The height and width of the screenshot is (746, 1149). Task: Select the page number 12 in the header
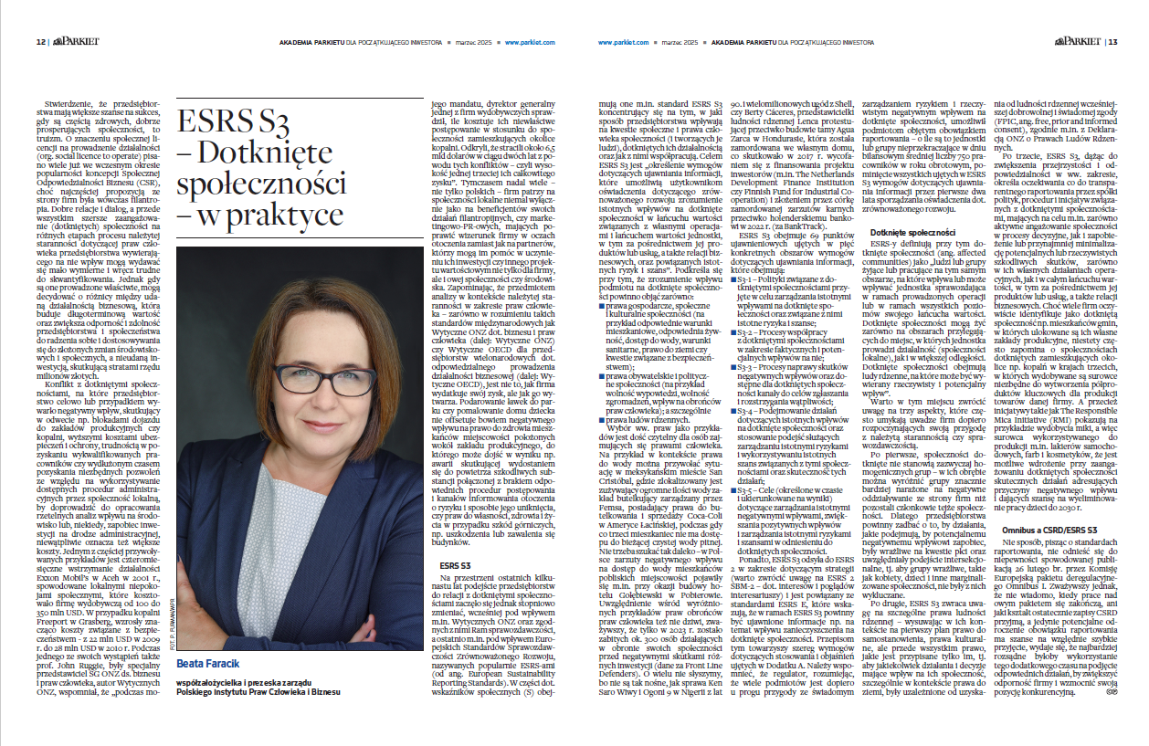click(x=40, y=42)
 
